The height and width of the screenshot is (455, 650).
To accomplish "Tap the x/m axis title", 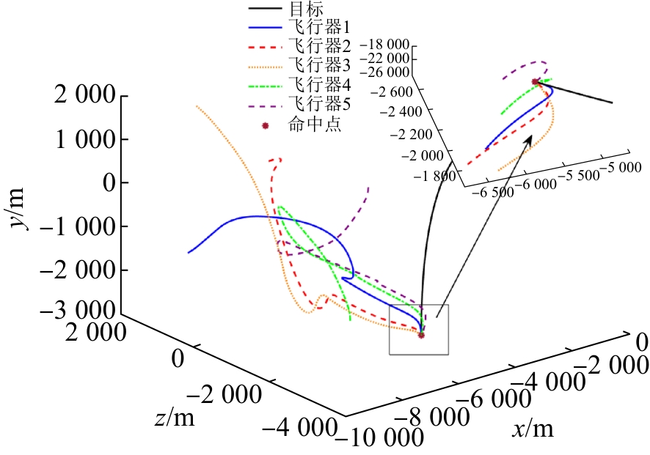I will pos(534,429).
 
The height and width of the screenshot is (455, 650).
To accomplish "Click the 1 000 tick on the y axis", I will pos(84,139).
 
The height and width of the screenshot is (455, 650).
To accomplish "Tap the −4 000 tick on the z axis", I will pos(302,427).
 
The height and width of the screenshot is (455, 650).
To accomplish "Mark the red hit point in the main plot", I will pos(421,335).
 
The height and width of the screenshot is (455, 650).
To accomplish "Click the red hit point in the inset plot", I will pos(536,81).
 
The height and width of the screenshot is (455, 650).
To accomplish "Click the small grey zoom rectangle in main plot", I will pos(418,330).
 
